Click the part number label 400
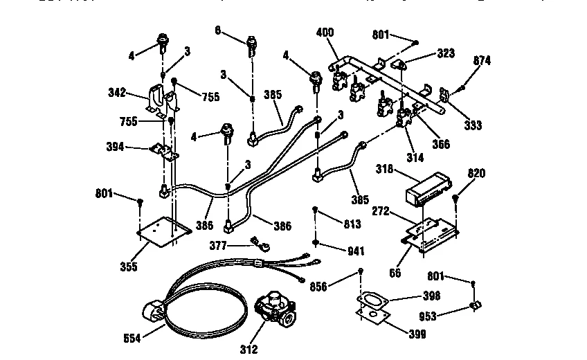point(324,33)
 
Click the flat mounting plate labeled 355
point(164,231)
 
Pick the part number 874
point(482,60)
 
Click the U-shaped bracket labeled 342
point(161,100)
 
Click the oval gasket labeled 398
point(374,300)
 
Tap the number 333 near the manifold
point(473,126)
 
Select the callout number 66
point(395,273)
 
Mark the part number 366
point(440,144)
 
